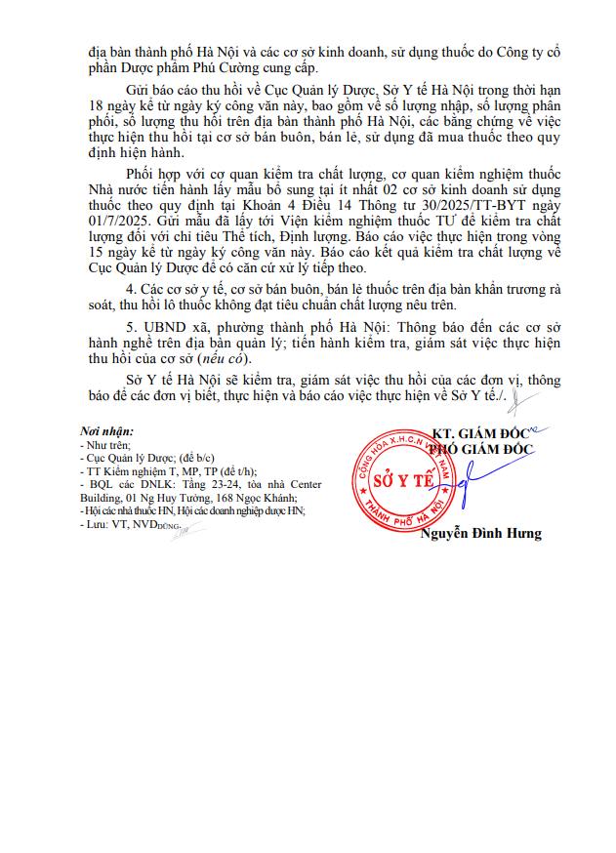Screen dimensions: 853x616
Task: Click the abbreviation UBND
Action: [164, 323]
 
